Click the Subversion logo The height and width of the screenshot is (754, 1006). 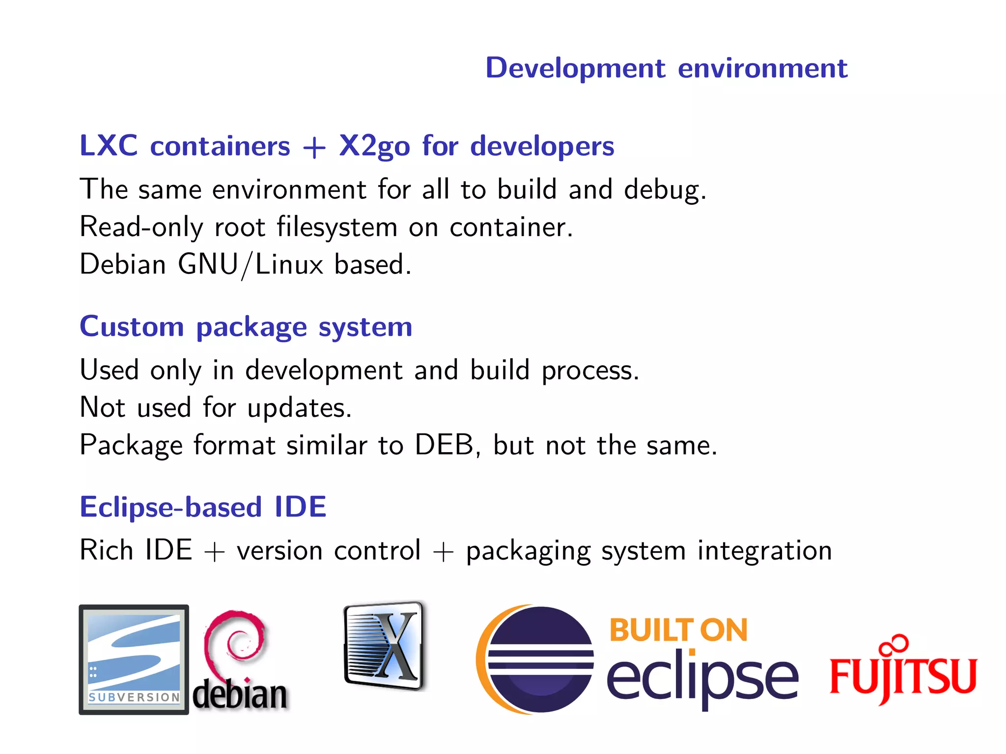(134, 659)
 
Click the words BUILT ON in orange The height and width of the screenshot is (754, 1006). (678, 630)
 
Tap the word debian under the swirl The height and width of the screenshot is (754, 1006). (240, 694)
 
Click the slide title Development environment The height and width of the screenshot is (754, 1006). (666, 68)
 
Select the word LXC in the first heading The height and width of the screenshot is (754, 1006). (109, 146)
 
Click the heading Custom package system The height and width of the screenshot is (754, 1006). (246, 327)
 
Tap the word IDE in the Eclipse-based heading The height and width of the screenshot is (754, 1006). (300, 507)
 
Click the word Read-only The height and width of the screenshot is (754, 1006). (141, 227)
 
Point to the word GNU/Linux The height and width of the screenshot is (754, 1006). (251, 265)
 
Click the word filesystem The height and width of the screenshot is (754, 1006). (337, 227)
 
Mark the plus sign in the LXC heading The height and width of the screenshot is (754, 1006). (314, 148)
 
